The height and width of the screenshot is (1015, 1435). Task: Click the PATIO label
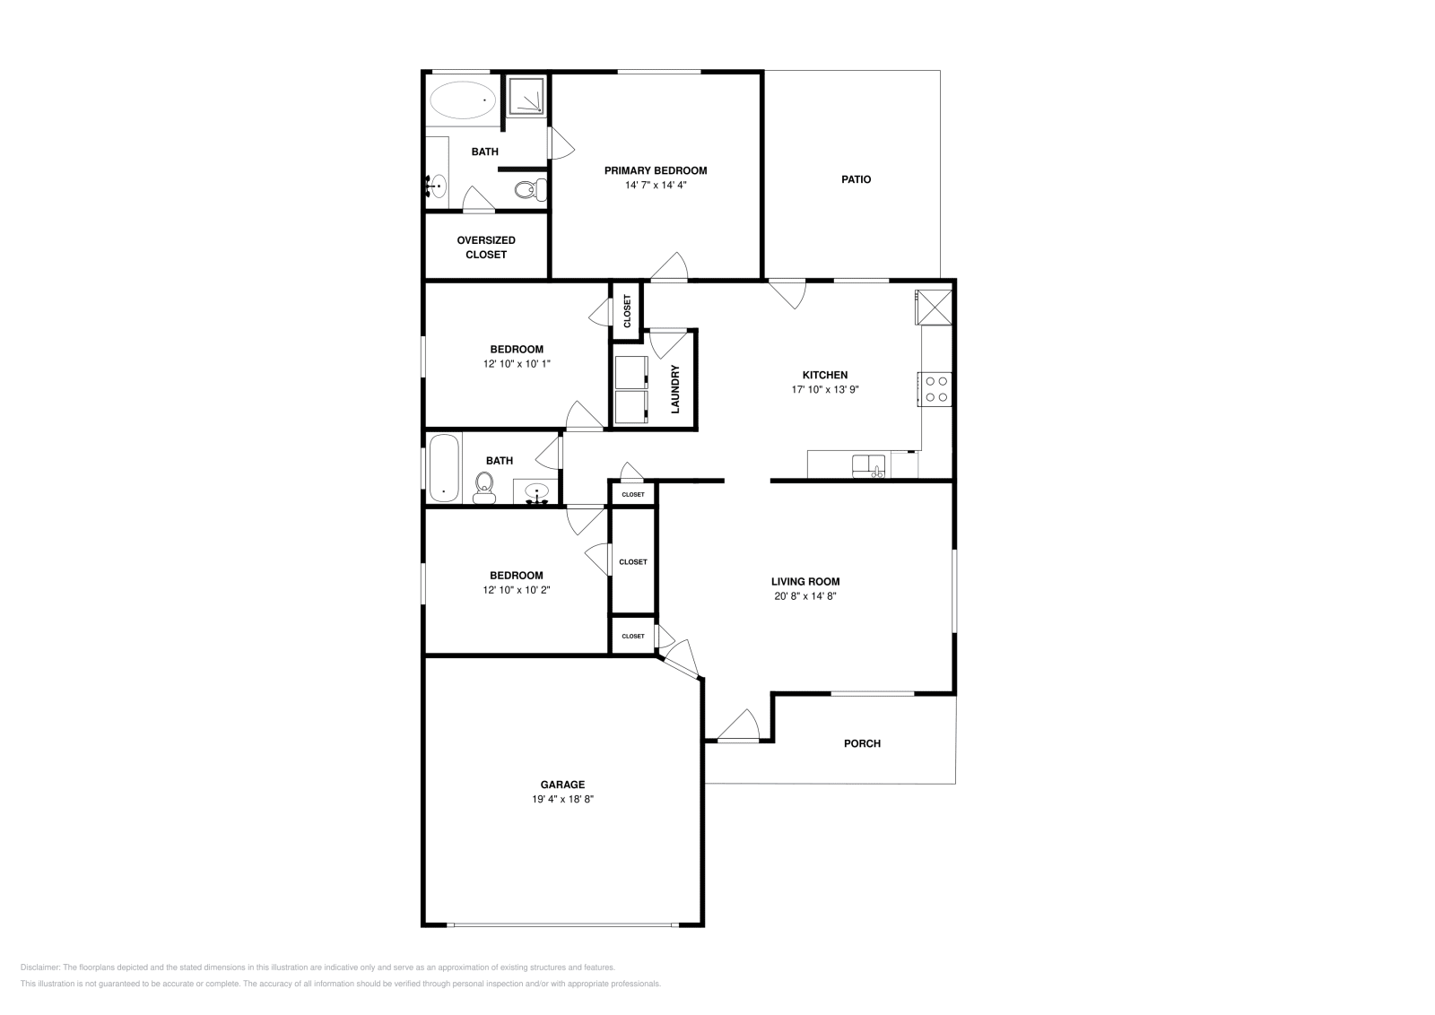856,179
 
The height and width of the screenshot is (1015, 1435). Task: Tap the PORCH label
862,743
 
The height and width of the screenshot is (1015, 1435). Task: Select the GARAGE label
562,785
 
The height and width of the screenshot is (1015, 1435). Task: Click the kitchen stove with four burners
935,389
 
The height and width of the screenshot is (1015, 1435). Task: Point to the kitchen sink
868,466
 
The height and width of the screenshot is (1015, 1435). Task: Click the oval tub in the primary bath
463,100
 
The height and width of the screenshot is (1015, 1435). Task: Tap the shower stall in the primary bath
526,97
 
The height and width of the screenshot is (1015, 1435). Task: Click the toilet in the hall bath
484,488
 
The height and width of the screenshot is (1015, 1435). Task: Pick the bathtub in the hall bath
444,467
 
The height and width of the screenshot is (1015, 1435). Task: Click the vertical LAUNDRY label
674,389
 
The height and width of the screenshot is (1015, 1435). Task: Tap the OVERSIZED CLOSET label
486,247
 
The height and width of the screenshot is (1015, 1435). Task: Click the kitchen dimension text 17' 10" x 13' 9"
825,389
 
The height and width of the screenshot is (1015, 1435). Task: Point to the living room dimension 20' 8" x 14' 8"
805,596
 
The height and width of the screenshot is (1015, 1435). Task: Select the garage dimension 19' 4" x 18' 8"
562,799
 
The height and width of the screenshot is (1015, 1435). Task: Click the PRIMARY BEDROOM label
656,170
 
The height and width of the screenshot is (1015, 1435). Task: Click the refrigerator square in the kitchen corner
934,308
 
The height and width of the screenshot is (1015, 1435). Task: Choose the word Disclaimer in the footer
40,967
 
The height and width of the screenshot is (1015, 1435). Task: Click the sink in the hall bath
536,492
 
